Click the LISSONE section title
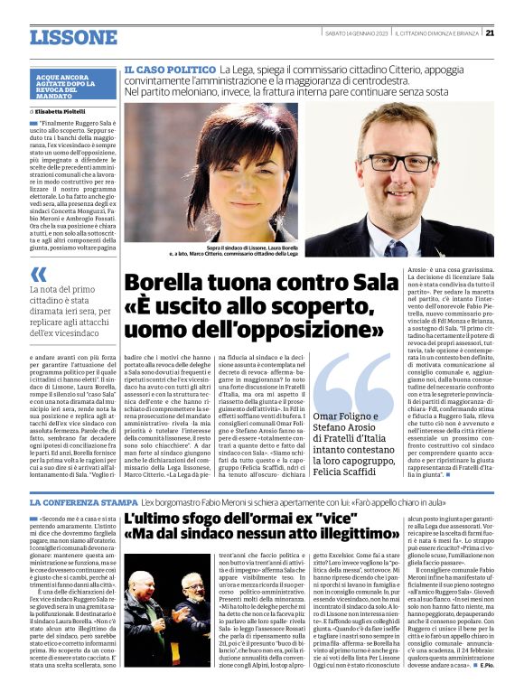73,37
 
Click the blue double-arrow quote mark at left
38,276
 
